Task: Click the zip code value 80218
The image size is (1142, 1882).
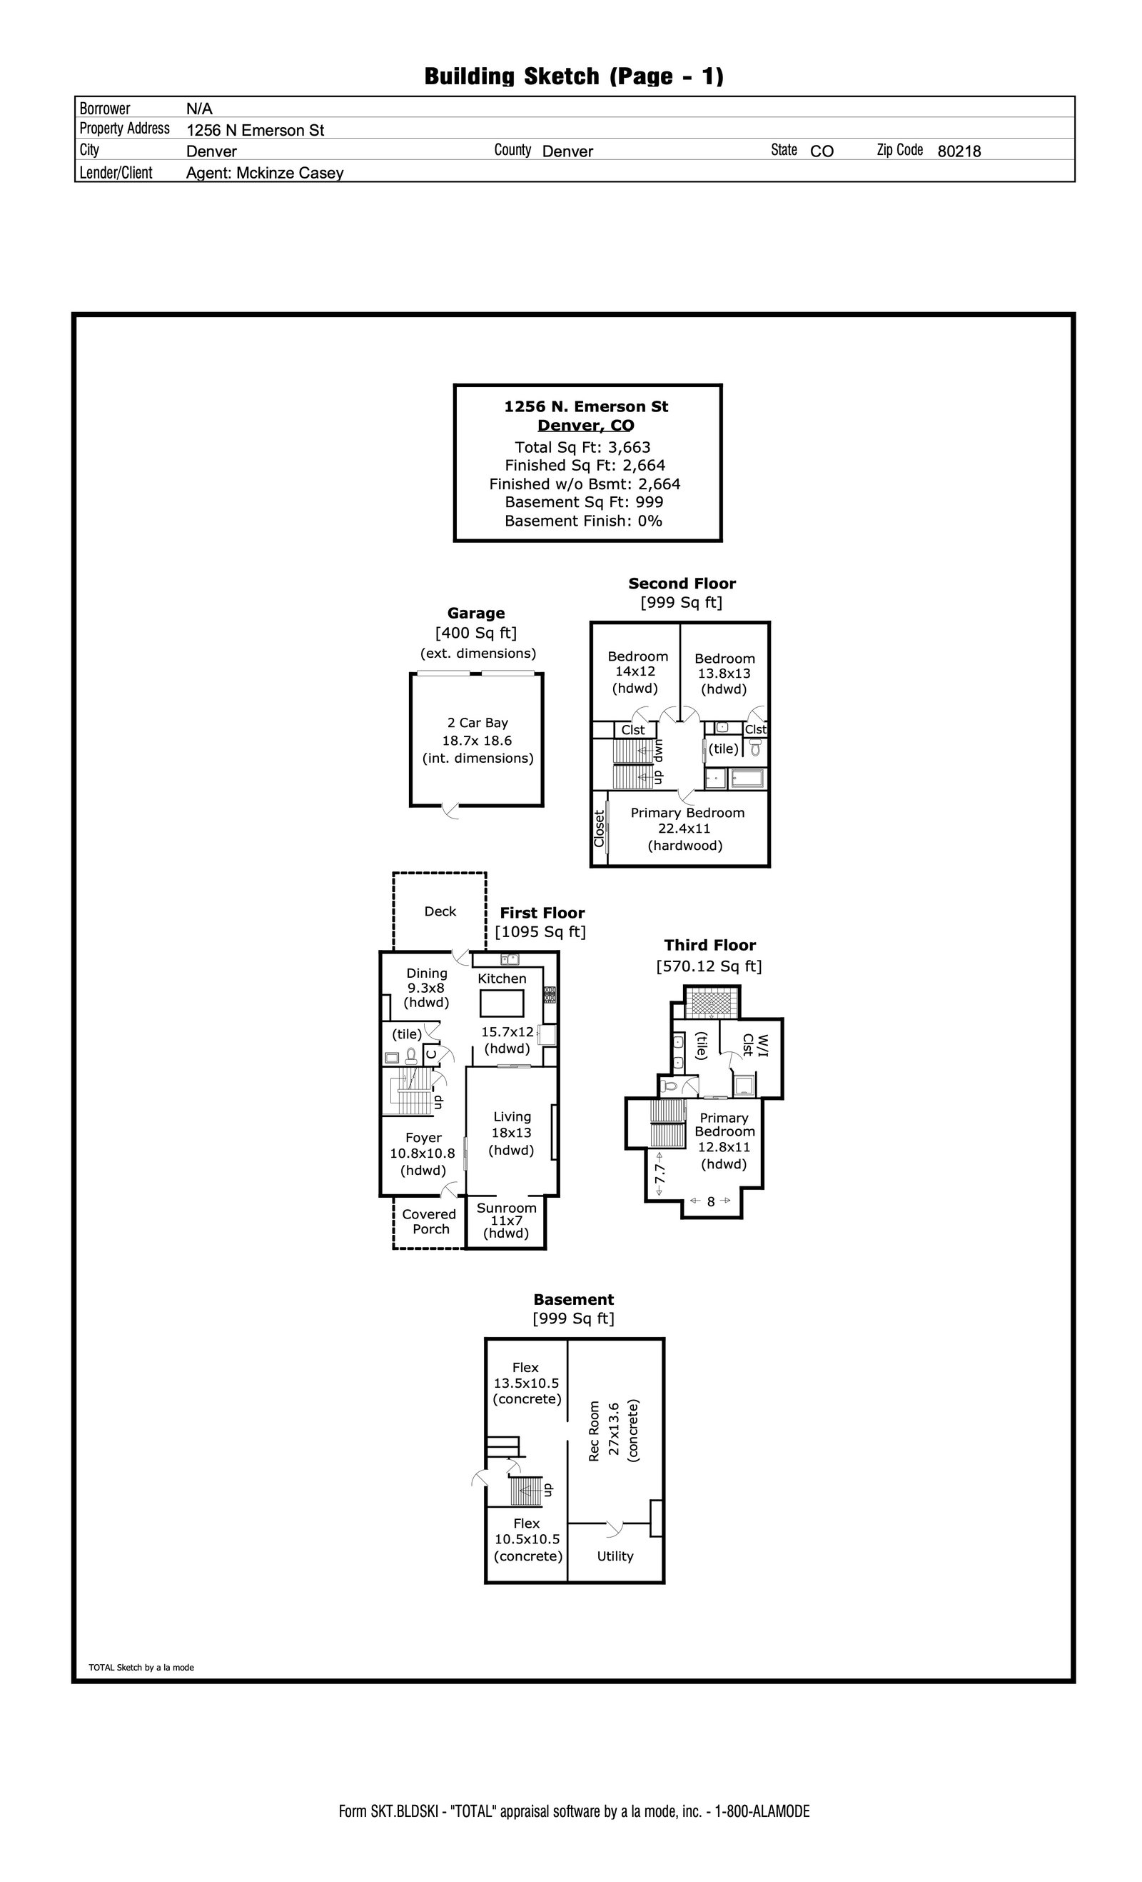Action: click(959, 151)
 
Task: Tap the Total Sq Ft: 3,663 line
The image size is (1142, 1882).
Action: click(582, 448)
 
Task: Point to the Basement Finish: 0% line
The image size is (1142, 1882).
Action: click(583, 521)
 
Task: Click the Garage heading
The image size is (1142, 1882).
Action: click(475, 614)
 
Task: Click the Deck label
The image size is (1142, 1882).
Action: click(440, 911)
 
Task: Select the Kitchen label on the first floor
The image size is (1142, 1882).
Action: click(502, 978)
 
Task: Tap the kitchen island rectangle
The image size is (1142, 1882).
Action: click(501, 1003)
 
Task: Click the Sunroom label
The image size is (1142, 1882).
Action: click(506, 1208)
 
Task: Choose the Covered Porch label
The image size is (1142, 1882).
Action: click(429, 1221)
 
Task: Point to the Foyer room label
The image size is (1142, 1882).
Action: click(423, 1137)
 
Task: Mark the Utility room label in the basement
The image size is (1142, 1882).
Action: click(615, 1556)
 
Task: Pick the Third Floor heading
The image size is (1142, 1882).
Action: click(709, 946)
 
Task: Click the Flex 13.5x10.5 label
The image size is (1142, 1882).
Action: click(526, 1383)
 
